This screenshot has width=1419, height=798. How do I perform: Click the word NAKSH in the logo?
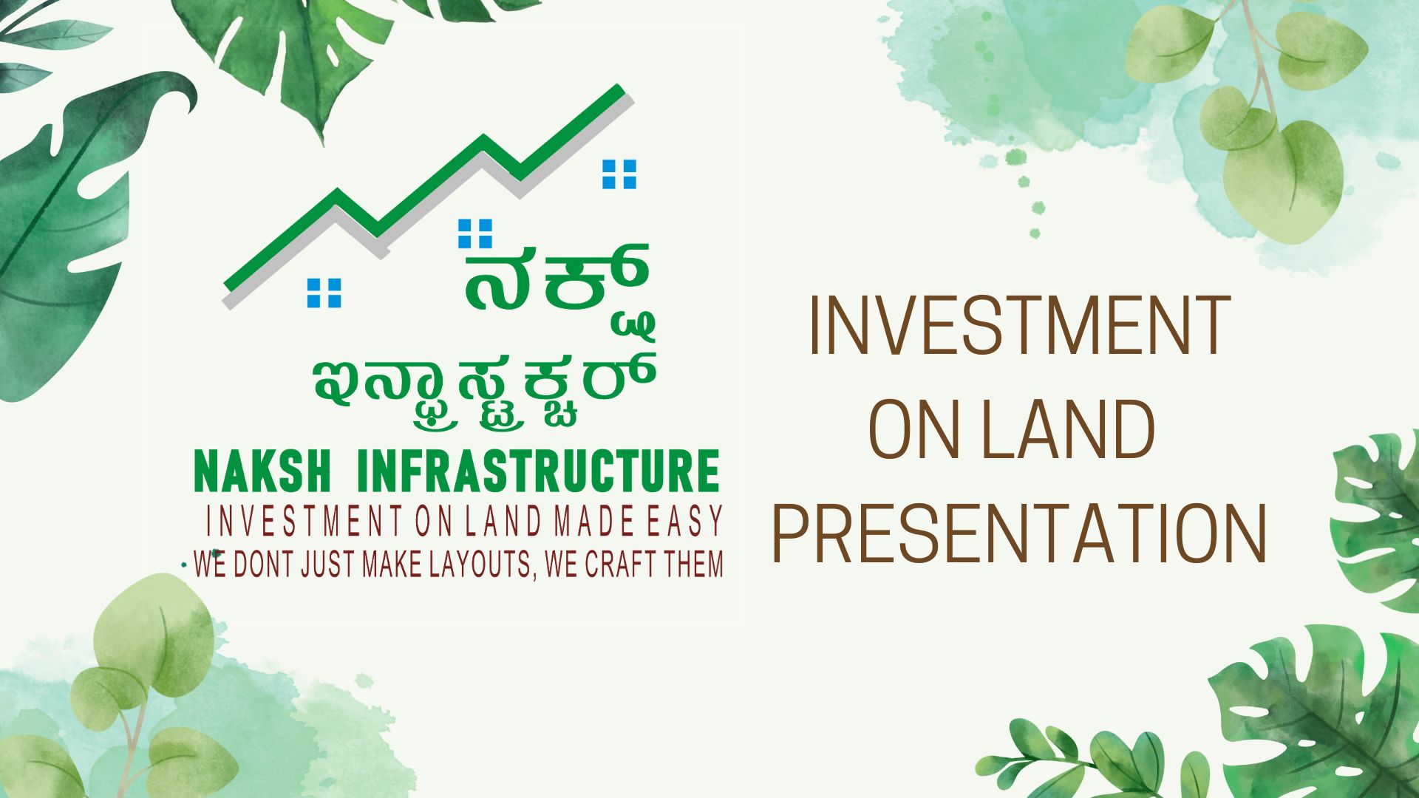click(x=263, y=471)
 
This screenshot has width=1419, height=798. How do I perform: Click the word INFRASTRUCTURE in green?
click(x=538, y=471)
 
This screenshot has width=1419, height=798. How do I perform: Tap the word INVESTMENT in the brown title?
click(x=1020, y=324)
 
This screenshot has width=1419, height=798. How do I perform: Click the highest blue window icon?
click(x=619, y=174)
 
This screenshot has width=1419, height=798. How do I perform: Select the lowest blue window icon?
click(x=324, y=293)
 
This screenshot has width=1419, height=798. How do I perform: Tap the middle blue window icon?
click(x=475, y=233)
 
